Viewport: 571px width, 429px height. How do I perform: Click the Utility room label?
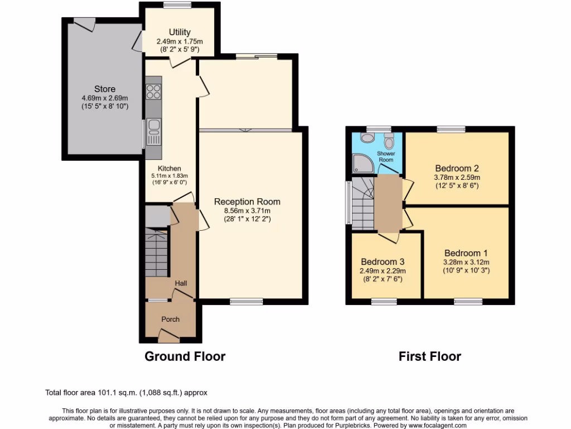(180, 32)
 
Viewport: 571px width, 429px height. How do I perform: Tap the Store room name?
(105, 89)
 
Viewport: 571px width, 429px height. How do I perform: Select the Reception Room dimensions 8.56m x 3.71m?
(247, 211)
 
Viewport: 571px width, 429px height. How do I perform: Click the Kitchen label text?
(169, 168)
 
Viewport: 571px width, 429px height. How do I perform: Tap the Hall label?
(181, 284)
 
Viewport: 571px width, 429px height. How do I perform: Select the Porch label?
(170, 319)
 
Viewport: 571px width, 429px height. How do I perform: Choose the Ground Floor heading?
(185, 356)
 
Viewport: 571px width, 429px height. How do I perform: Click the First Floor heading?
(429, 356)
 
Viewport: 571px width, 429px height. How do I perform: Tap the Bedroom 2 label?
(457, 168)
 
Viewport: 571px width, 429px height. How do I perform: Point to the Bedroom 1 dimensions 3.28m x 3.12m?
(466, 262)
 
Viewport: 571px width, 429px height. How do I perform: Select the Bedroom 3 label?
(382, 261)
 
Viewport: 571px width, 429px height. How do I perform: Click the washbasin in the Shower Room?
(367, 137)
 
